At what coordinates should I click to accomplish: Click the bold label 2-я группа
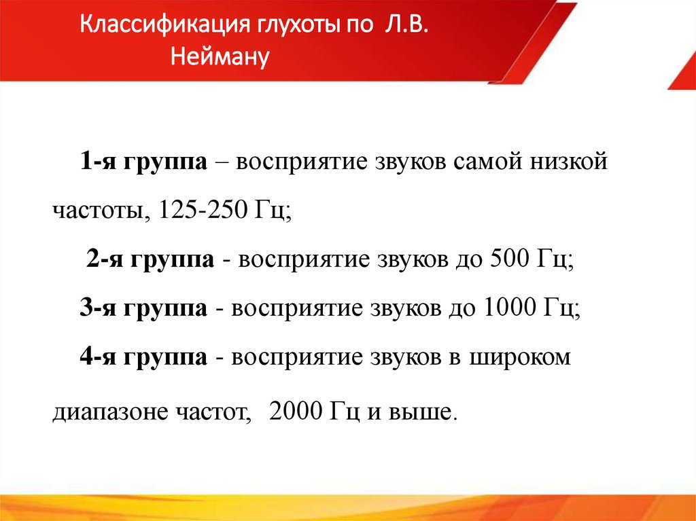pyautogui.click(x=150, y=260)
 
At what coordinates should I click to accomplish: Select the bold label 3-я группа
pyautogui.click(x=143, y=309)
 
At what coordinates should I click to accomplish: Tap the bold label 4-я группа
pyautogui.click(x=143, y=357)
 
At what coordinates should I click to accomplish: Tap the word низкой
pyautogui.click(x=570, y=162)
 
